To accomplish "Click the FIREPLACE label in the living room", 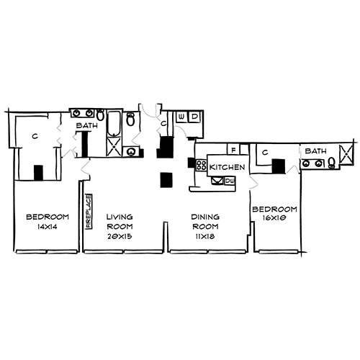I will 88,211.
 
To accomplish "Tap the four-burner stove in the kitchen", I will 202,166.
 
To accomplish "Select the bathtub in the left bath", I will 114,124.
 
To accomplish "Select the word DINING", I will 205,216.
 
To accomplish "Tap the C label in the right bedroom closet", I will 265,153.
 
